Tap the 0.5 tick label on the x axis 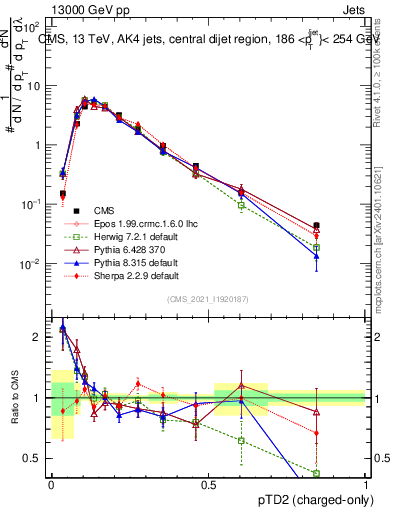pos(209,486)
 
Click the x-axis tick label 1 pos(366,486)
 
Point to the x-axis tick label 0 pos(52,486)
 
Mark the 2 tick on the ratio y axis pos(38,337)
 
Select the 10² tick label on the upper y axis pos(34,26)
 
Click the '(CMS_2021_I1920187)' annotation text pos(208,298)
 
